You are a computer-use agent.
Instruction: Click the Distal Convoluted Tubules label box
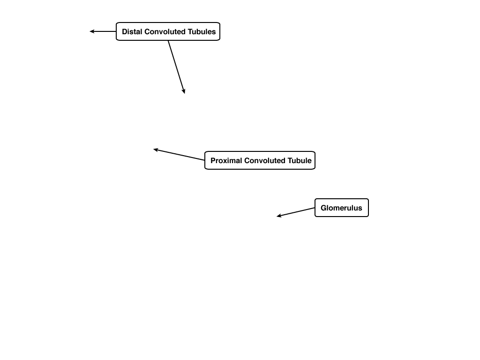coord(168,31)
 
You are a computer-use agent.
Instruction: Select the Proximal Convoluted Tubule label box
coord(260,160)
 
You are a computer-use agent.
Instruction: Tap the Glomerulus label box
coord(342,208)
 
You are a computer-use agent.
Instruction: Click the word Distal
coord(132,31)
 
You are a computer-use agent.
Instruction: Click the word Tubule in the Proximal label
coord(299,160)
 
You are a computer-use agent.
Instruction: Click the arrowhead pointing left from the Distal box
coord(91,31)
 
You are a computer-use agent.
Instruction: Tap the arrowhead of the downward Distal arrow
coord(184,91)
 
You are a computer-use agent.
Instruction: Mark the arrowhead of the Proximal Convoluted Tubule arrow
coord(156,150)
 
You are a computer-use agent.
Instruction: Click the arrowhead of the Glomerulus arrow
coord(279,216)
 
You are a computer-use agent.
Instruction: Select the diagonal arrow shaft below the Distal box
coord(176,67)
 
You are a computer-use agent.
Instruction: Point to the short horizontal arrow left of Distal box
coord(103,31)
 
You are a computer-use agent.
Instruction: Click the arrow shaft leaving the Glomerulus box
coord(296,212)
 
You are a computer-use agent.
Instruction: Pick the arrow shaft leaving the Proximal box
coord(179,155)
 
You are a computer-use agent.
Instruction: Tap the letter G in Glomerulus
coord(323,208)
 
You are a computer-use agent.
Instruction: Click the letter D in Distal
coord(125,31)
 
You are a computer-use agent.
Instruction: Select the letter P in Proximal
coord(213,160)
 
